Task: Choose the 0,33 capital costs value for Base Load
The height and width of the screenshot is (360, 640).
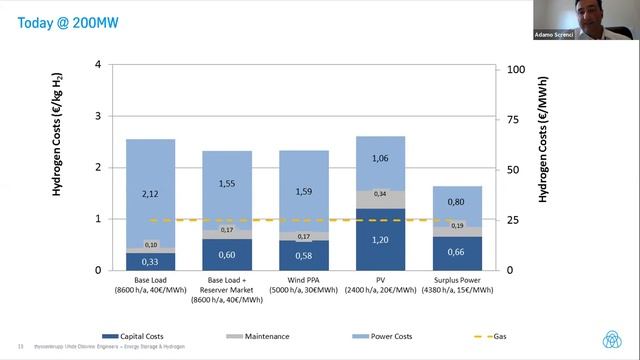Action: coord(151,261)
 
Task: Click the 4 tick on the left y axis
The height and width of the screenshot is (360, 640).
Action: coord(98,65)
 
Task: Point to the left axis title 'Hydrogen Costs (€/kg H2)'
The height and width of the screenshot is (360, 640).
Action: coord(60,165)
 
